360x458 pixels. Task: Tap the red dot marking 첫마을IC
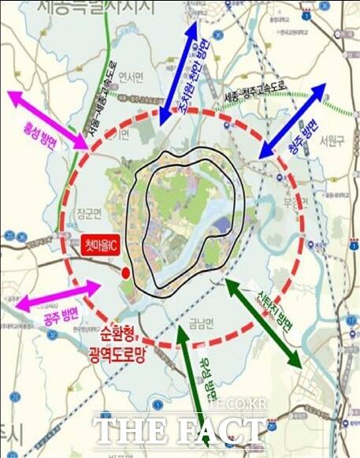(x=126, y=274)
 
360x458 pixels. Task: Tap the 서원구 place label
(x=333, y=140)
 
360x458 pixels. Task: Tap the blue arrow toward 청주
(x=291, y=119)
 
